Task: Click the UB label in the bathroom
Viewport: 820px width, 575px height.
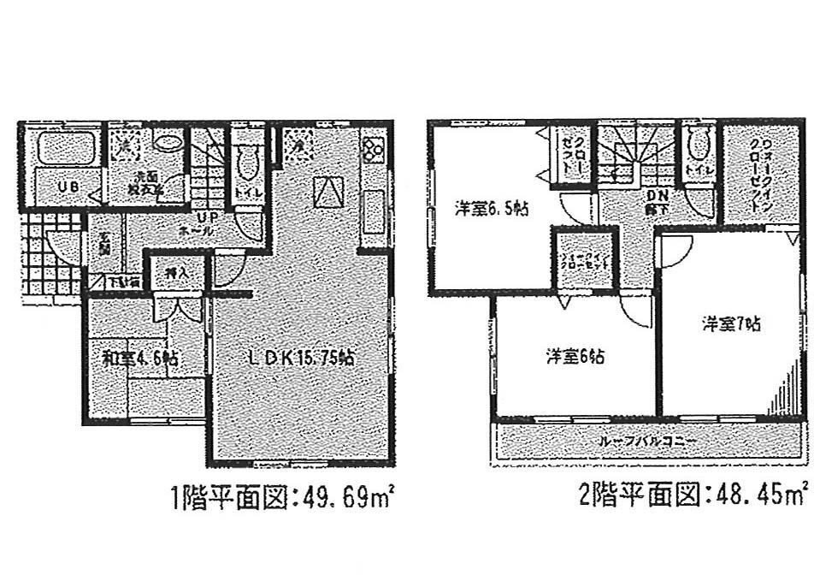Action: [51, 186]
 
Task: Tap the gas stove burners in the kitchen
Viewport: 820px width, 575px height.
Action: [374, 148]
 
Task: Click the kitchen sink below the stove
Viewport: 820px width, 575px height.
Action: [374, 210]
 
